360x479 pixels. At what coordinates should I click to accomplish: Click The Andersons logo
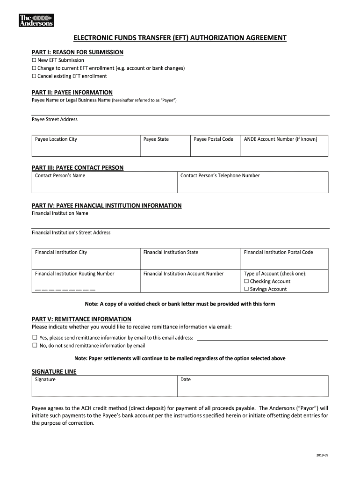point(36,20)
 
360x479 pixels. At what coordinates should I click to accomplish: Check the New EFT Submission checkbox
point(34,60)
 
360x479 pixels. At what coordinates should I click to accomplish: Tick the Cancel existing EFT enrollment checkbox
point(34,76)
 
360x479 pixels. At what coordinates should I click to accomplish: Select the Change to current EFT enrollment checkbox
point(34,68)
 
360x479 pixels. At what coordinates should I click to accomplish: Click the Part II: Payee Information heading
point(72,93)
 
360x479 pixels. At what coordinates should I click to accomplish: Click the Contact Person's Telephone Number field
point(252,185)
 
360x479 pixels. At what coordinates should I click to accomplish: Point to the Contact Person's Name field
point(104,185)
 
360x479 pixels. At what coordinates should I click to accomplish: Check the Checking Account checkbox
point(246,282)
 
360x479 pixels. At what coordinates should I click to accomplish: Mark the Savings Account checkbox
point(246,290)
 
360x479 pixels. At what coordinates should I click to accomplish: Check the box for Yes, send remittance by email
point(35,337)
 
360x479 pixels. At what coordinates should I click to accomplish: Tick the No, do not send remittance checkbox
point(35,346)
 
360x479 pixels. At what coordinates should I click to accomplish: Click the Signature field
point(104,388)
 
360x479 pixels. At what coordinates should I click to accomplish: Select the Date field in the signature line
point(252,388)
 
